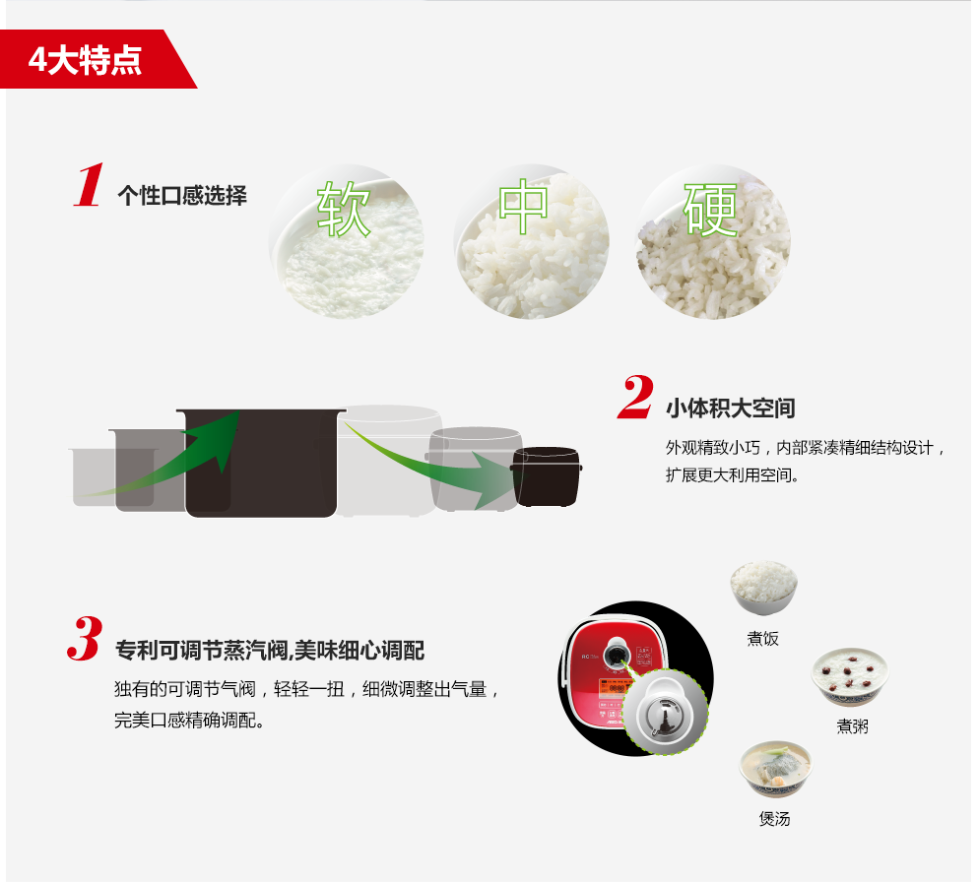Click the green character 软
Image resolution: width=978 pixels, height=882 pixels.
click(344, 210)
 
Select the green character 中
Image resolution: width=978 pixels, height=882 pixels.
click(523, 207)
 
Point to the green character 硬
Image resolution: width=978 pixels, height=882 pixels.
click(710, 209)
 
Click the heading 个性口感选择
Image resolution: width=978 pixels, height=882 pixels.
click(182, 195)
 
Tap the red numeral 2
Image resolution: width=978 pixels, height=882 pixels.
click(635, 397)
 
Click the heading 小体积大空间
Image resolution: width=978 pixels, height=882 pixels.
click(731, 409)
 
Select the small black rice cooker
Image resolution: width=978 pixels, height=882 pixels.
click(547, 476)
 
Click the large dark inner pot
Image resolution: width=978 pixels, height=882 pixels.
click(261, 463)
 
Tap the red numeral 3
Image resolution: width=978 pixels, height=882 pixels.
click(85, 638)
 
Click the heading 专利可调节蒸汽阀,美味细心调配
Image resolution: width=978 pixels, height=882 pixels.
click(270, 651)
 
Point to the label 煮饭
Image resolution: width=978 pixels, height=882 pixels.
click(763, 638)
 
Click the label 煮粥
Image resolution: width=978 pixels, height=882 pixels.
click(852, 726)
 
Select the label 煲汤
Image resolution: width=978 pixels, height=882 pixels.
click(775, 818)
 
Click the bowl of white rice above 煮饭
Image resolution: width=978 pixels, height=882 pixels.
click(764, 587)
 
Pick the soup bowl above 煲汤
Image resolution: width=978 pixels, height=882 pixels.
click(776, 769)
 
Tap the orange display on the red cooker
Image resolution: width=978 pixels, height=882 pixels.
click(614, 687)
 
